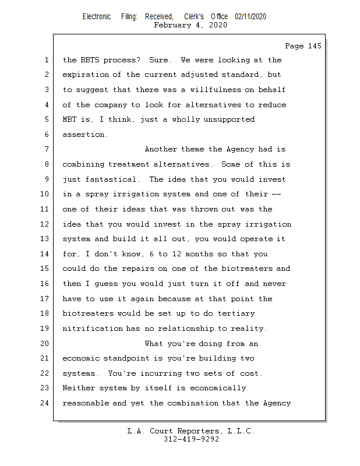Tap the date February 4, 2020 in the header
(x=190, y=25)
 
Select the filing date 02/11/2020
(x=250, y=16)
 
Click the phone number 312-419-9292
(x=190, y=440)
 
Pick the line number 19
(x=45, y=329)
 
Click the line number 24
(x=45, y=403)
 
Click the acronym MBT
(x=70, y=119)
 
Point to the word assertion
(x=84, y=135)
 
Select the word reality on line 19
(x=249, y=329)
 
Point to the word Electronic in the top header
(x=97, y=16)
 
